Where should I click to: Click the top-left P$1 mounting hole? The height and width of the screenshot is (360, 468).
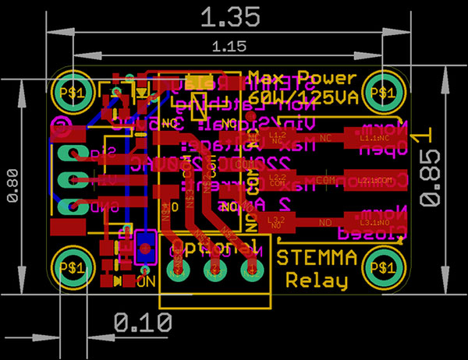pos(73,91)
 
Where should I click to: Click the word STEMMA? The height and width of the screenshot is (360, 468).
pos(317,258)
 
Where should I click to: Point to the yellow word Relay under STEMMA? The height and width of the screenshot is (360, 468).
pos(317,280)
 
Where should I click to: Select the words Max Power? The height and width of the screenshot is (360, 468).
pos(303,79)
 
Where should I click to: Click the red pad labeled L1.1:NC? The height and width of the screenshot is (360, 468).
pos(379,138)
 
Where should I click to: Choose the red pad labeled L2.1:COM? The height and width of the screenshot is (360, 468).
pos(379,180)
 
